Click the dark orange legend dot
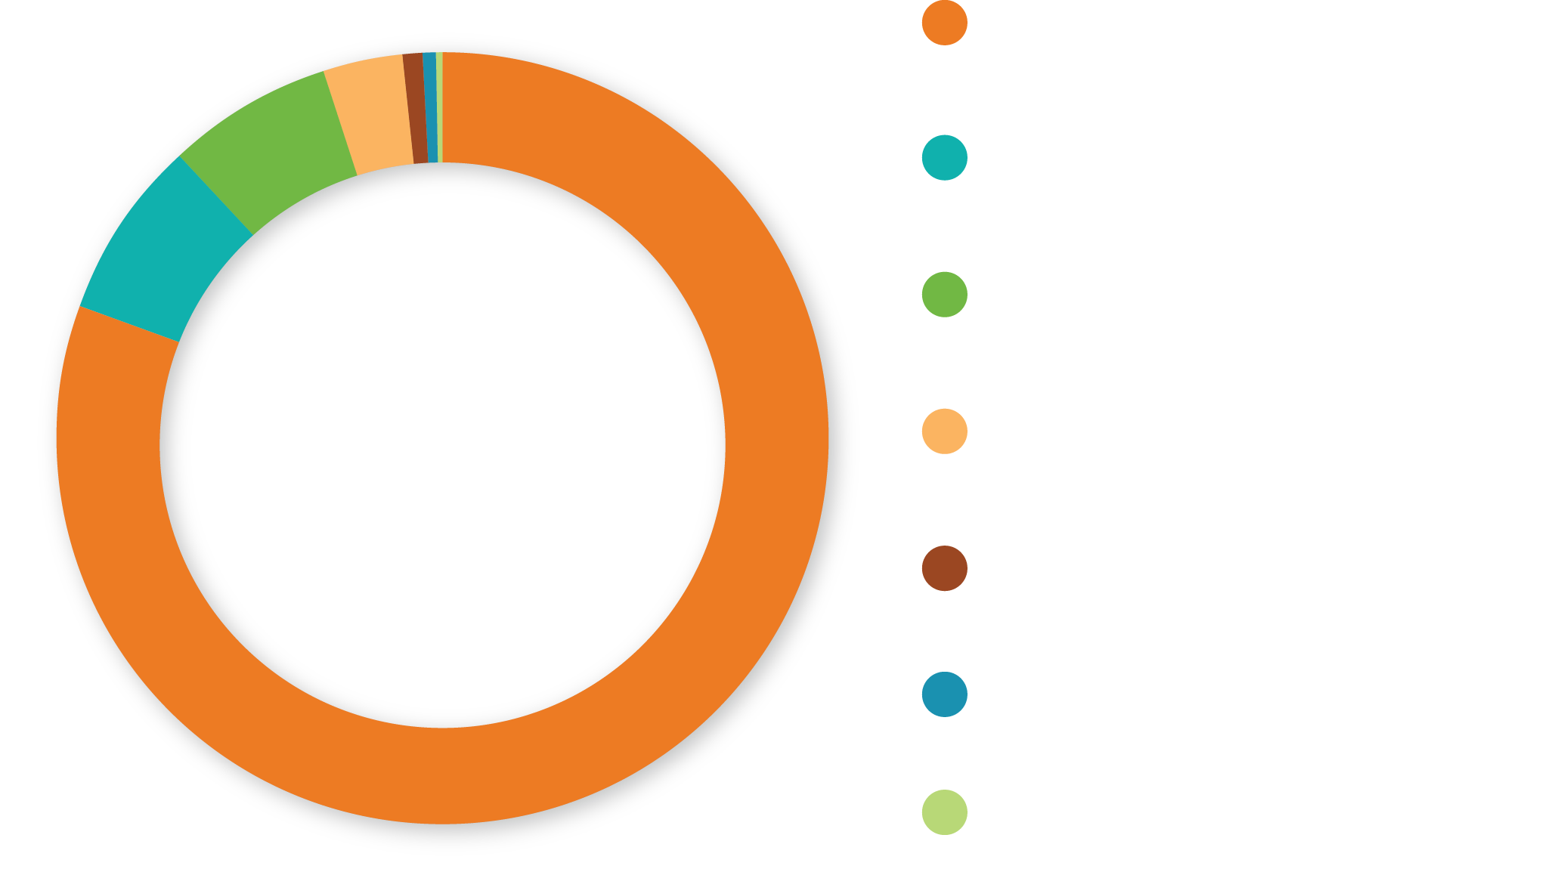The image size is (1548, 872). click(944, 23)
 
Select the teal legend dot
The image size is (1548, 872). click(944, 158)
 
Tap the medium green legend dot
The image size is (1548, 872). click(944, 294)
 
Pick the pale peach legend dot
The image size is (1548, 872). click(944, 431)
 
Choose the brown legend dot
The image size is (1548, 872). click(944, 568)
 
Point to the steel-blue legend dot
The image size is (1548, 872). click(944, 694)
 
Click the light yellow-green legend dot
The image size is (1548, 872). click(944, 812)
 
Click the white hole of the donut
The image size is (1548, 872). click(448, 451)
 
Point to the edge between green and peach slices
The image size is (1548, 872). click(340, 123)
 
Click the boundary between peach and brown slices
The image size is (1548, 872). click(408, 108)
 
